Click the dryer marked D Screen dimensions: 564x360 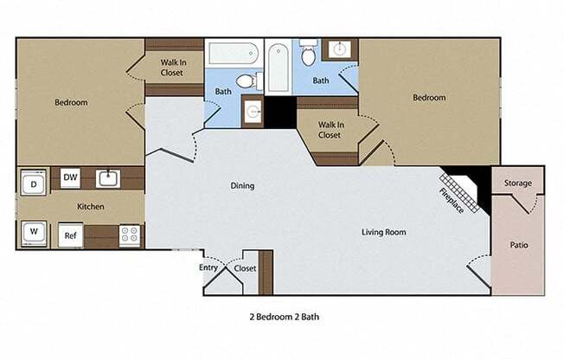click(34, 183)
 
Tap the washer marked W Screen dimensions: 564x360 click(34, 234)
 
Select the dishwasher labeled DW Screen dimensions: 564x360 click(70, 178)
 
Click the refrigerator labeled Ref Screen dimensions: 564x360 click(71, 235)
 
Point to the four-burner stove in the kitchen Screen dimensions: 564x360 click(130, 235)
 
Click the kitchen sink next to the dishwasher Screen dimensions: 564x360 click(108, 178)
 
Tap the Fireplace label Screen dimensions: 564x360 click(452, 201)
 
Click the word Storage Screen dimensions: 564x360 click(517, 183)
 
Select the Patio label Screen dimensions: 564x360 click(519, 245)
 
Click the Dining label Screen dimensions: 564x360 click(242, 186)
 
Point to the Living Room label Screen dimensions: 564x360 click(384, 232)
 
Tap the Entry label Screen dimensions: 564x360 click(208, 268)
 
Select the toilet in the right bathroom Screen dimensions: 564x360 click(309, 53)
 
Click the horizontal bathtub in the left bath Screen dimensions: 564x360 click(234, 54)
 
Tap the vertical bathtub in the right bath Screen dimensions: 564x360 click(279, 67)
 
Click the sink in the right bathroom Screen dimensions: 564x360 click(340, 49)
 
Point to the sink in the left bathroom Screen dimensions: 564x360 click(253, 112)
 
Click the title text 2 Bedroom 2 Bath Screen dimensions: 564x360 click(284, 317)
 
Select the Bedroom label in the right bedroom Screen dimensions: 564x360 click(429, 98)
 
